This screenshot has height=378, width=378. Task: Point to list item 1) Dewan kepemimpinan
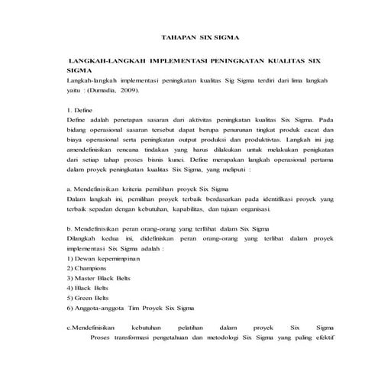[x=102, y=259]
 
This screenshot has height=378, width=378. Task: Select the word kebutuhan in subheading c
[x=147, y=327]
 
